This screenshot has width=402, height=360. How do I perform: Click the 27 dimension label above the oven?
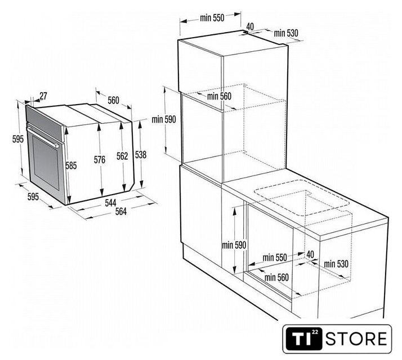point(43,96)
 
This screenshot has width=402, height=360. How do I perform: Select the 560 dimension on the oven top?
point(113,100)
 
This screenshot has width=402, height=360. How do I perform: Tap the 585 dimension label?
point(71,165)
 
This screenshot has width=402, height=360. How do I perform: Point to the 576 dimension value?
point(100,160)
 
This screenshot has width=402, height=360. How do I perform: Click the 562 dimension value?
point(122,156)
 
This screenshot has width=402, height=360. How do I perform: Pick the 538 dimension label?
point(141,155)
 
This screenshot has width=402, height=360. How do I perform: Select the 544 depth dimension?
point(110,203)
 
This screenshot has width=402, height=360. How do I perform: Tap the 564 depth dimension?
point(121,211)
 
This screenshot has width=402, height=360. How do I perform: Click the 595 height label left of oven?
point(18,139)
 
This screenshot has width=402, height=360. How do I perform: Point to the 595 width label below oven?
point(33,197)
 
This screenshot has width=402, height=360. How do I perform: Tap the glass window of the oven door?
point(46,162)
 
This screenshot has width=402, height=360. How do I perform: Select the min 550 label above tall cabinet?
point(212,18)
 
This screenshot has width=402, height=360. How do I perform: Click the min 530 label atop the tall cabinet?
point(286,33)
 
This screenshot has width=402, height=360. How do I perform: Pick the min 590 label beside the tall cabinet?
point(164,119)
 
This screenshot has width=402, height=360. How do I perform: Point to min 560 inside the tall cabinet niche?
point(219,96)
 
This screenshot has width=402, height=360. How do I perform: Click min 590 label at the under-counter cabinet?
point(234,245)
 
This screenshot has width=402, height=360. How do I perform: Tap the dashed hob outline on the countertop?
point(302,198)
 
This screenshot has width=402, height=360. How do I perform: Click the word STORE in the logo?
point(356,339)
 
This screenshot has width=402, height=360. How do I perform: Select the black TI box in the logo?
point(303,339)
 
